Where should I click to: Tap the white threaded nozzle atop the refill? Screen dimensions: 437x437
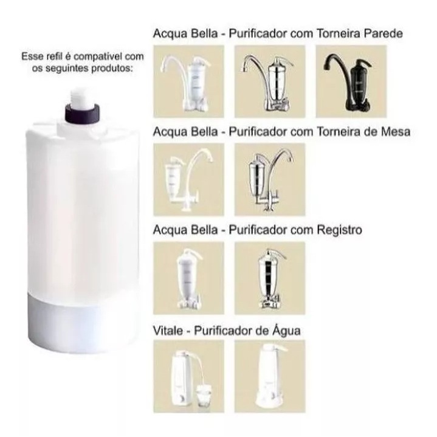coord(82,98)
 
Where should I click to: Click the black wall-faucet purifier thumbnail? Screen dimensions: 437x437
coord(351,81)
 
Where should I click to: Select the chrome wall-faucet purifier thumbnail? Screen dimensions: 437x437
coord(270,81)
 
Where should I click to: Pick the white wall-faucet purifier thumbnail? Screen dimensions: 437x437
coord(188,81)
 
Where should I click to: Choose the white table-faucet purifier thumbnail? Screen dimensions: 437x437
coord(188,179)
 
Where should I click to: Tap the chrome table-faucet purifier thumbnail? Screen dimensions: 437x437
coord(270,179)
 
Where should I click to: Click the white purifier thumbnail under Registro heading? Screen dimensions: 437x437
coord(188,278)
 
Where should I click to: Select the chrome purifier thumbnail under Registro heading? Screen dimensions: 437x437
coord(270,278)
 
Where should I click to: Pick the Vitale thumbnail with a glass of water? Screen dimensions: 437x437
coord(188,376)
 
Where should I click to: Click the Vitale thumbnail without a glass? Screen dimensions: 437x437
coord(270,376)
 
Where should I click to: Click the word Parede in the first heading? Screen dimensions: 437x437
coord(384,33)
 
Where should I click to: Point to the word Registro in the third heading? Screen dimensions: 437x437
coord(340,230)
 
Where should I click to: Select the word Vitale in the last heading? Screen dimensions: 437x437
coord(167,331)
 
